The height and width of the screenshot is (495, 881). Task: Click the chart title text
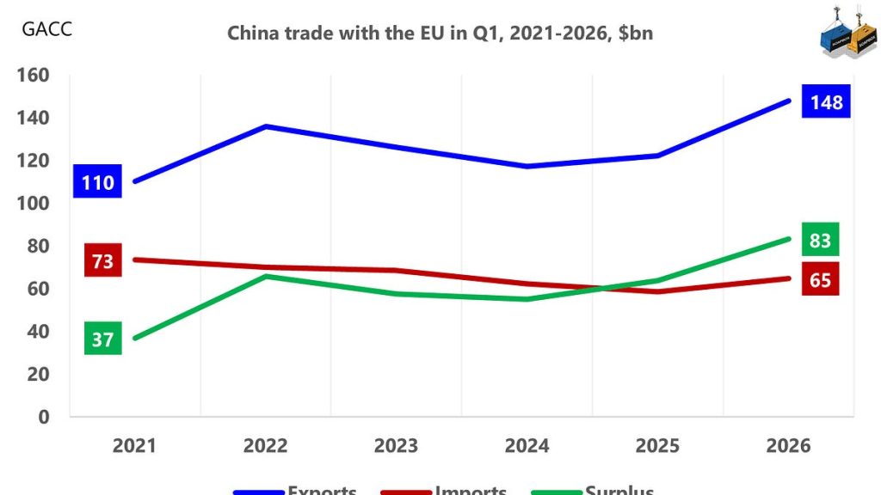coord(440,34)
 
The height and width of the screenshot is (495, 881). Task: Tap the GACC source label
coord(46,29)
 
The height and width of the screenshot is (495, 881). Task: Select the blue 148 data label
coord(826,102)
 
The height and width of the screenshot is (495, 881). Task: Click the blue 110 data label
coord(97,182)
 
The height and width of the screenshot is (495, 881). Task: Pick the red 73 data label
coord(102,260)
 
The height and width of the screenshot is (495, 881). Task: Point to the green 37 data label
coord(102,339)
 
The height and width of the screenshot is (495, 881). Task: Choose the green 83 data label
coord(820,240)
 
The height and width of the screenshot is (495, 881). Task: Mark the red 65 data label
coord(820,280)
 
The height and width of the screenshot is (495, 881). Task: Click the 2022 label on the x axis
coord(265,445)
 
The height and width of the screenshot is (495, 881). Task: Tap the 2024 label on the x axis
coord(527,445)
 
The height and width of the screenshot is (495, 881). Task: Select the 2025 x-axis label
coord(657,445)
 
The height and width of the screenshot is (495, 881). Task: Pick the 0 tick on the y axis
coord(43,417)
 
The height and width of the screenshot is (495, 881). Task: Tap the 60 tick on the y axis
coord(38,289)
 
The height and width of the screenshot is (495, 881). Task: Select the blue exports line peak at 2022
coord(266,126)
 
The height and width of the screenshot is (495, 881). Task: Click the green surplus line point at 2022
coord(266,276)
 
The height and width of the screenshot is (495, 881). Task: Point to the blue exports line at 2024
coord(527,166)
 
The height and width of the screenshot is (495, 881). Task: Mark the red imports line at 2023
coord(397,271)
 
